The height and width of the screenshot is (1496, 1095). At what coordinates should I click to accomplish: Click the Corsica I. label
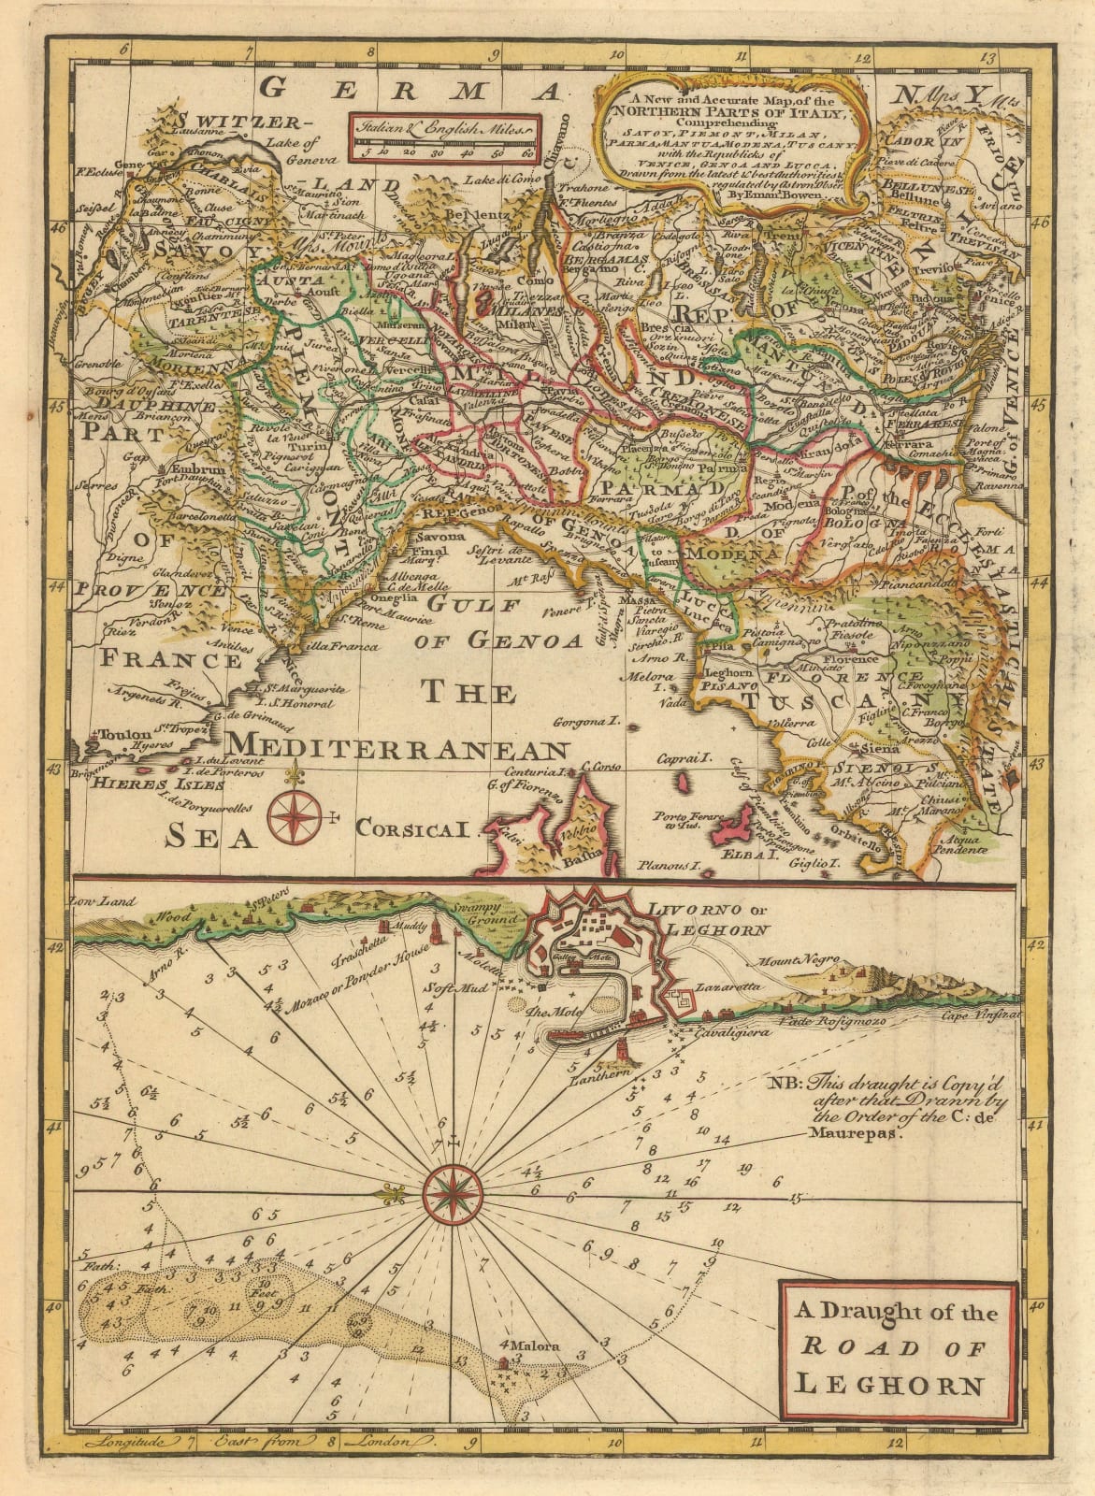tap(417, 827)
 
